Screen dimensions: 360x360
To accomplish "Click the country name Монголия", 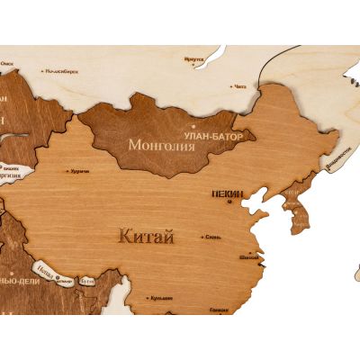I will (x=162, y=144).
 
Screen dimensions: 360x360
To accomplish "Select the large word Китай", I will (x=146, y=238).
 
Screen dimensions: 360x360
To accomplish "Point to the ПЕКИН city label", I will (x=229, y=193).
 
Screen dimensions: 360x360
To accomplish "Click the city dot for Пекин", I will (x=229, y=202).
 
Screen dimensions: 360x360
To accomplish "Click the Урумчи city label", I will (x=80, y=170).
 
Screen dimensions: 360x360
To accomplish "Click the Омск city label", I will (x=7, y=63).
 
